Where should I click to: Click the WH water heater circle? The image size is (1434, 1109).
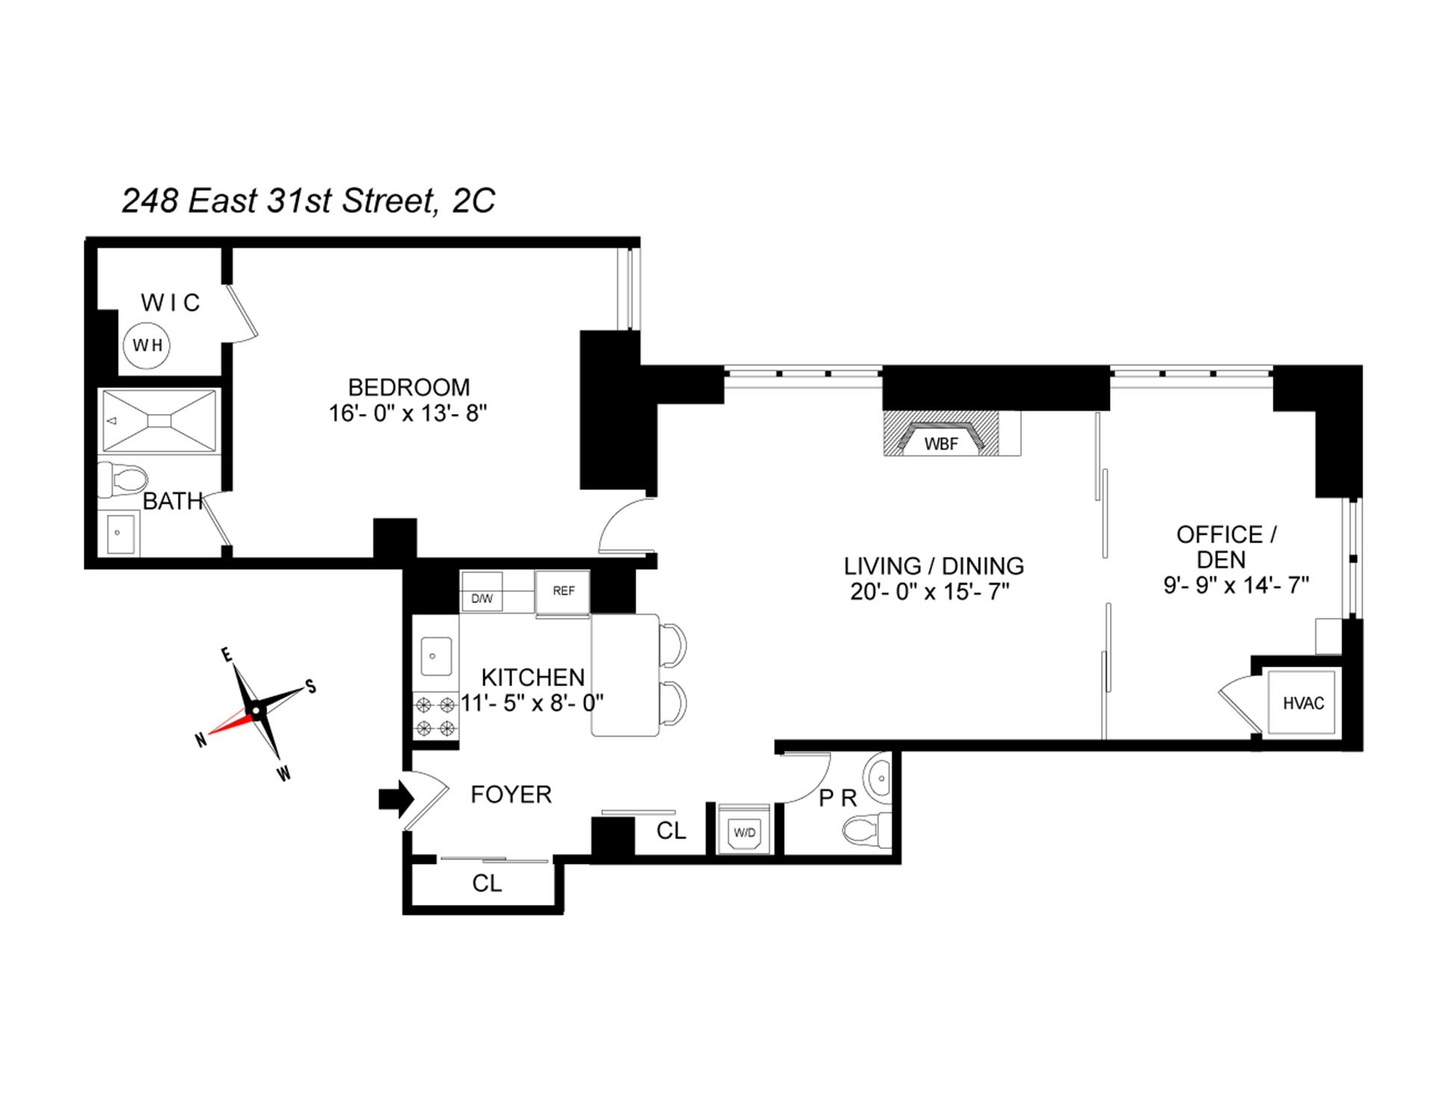pos(147,345)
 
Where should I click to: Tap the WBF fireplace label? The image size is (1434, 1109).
pos(940,444)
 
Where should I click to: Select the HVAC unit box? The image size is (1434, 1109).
pos(1303,703)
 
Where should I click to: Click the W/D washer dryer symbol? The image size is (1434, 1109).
pos(744,832)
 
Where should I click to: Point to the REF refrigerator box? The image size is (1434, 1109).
pos(563,591)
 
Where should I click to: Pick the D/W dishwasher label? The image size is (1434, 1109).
pos(482,599)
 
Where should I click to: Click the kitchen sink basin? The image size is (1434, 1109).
pos(436,655)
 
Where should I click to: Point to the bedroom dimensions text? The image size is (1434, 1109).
pos(408,413)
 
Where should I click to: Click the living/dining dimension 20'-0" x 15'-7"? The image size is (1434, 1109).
pos(930,592)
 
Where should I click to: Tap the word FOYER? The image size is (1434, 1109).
pos(511,794)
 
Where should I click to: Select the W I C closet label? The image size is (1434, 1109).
pos(170,303)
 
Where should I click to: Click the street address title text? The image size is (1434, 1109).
pos(308,200)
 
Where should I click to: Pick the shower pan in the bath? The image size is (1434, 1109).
pos(158,421)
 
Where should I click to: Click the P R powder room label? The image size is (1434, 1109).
pos(837,799)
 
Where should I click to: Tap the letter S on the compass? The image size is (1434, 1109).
pos(311,687)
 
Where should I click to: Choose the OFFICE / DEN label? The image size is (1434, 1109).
pos(1226,547)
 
